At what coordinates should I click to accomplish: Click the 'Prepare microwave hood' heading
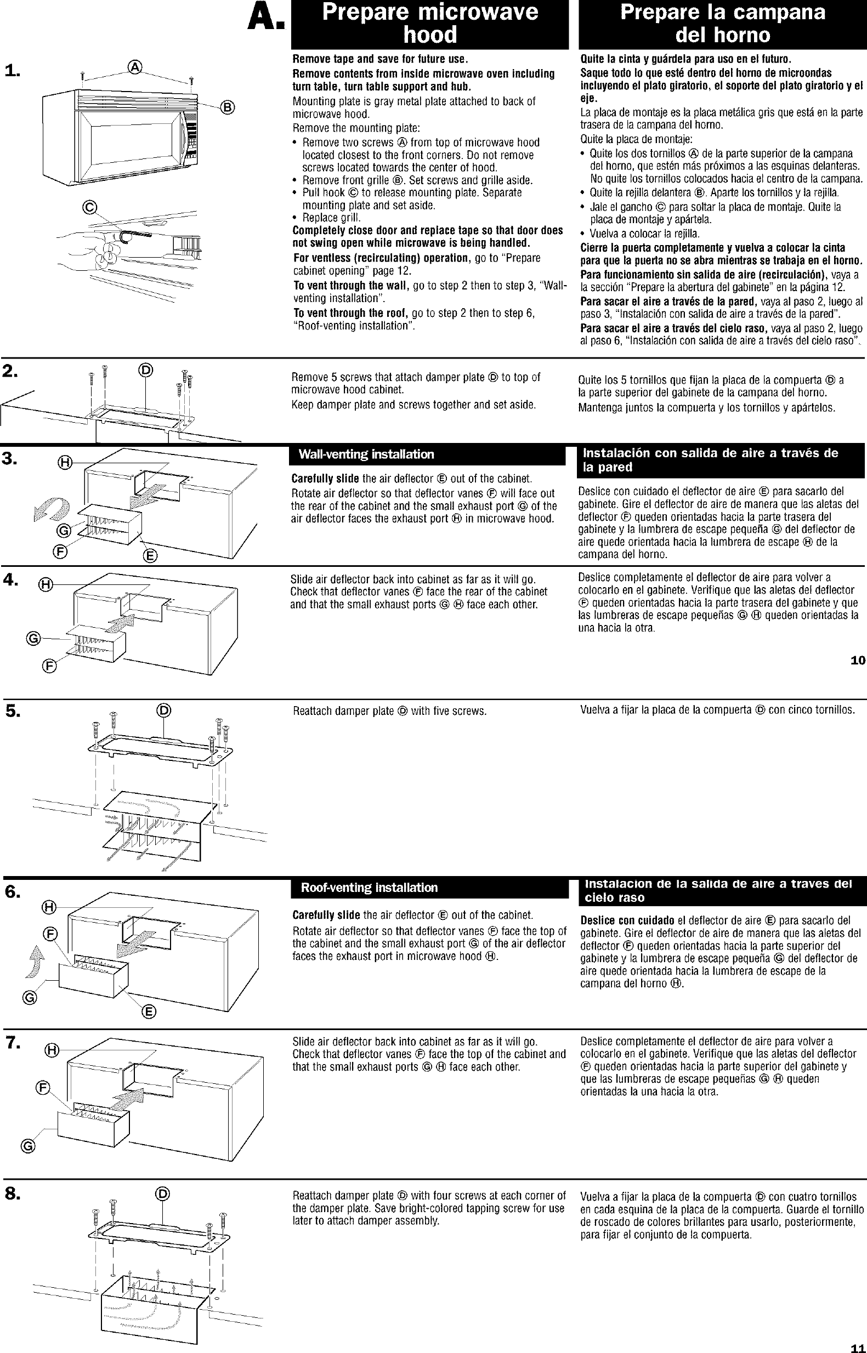[x=429, y=24]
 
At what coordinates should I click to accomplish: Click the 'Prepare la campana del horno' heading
[x=722, y=24]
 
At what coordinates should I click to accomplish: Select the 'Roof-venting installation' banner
[x=369, y=888]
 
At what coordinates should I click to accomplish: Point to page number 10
[x=857, y=661]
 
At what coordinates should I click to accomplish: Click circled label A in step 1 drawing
[x=135, y=67]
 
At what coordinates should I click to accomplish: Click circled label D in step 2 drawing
[x=145, y=369]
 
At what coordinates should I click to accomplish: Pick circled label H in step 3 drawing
[x=66, y=463]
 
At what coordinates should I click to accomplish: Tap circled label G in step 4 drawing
[x=33, y=638]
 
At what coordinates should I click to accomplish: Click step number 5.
[x=13, y=712]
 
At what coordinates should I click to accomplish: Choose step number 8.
[x=13, y=1193]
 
